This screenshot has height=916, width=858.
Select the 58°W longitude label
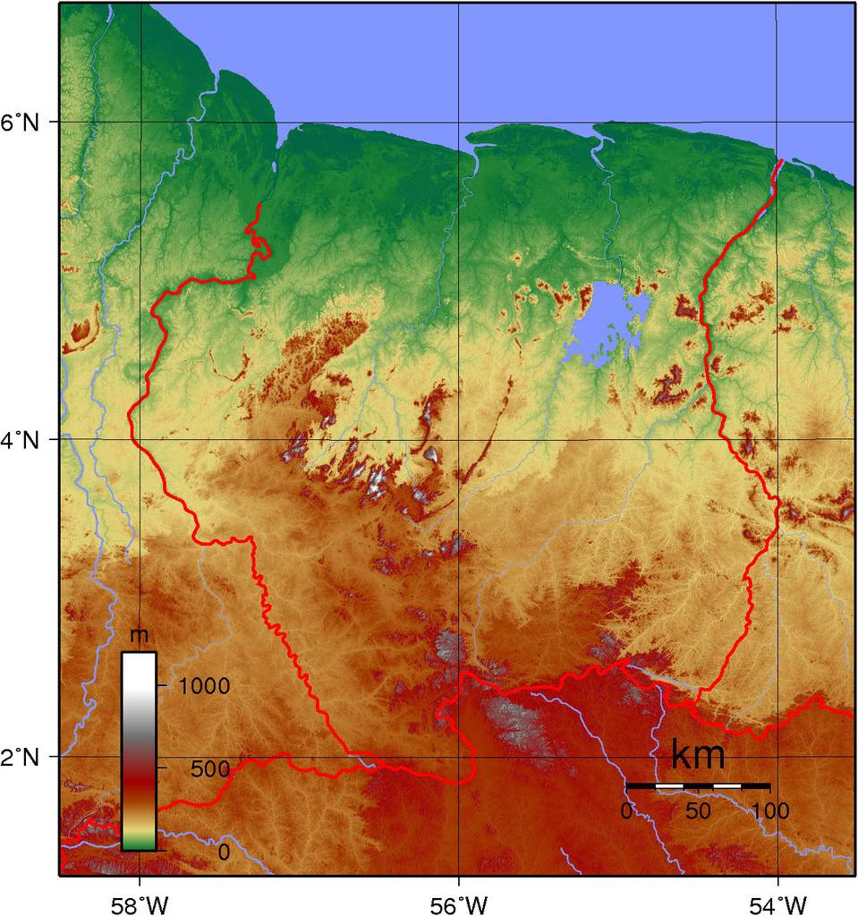click(x=140, y=898)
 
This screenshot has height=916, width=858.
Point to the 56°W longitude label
click(x=459, y=898)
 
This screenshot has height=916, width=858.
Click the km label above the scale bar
click(x=697, y=756)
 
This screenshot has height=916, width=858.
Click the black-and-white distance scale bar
click(x=698, y=785)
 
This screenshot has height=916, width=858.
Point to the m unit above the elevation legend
click(x=139, y=637)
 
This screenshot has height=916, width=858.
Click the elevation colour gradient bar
click(x=139, y=751)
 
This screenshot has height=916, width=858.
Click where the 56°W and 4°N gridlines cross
click(x=459, y=439)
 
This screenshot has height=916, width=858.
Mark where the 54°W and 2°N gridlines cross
click(x=778, y=757)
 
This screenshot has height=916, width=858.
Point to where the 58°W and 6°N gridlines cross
click(x=140, y=122)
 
